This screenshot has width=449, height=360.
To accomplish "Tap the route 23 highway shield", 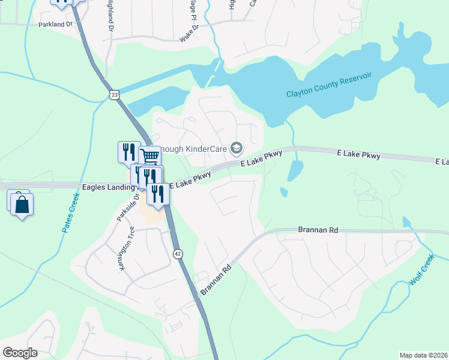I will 114,94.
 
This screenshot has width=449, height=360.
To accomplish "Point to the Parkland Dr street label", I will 55,25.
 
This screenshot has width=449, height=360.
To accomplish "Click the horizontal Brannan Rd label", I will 318,230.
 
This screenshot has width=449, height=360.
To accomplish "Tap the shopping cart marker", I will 151,157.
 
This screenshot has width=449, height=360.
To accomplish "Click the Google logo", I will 20,353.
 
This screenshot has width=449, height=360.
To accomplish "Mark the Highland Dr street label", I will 110,16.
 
